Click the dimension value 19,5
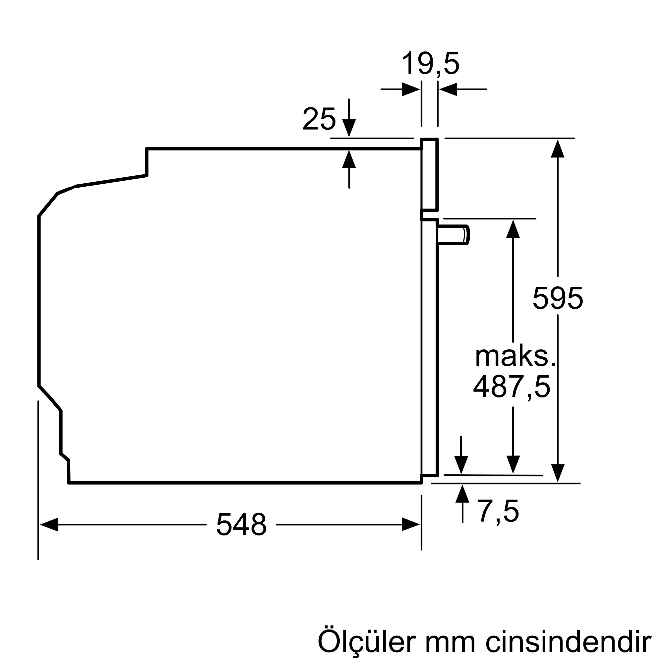point(430,64)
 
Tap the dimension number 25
point(319,119)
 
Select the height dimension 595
point(558,298)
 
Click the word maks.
point(515,357)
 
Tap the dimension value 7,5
point(498,511)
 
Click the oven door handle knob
point(453,235)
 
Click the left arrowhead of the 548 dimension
point(49,524)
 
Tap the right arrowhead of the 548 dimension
point(411,524)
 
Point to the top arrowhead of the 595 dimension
point(558,149)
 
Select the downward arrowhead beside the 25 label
point(349,128)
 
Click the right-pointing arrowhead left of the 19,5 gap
point(411,89)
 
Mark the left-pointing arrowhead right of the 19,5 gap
point(448,89)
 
